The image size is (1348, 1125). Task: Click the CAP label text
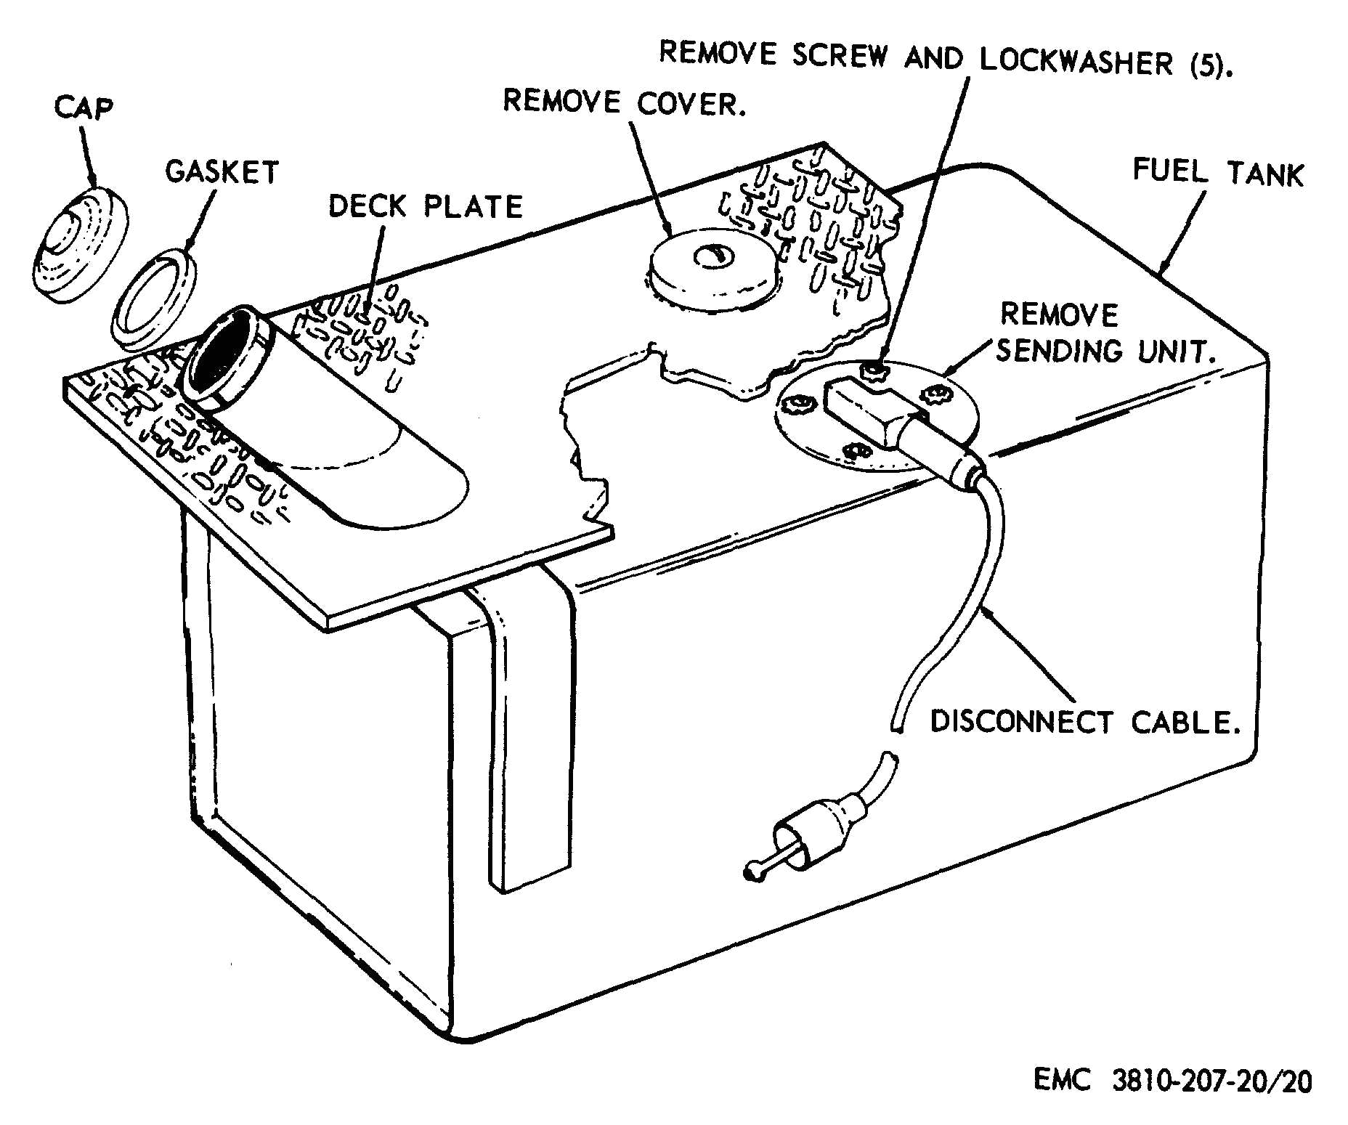point(84,107)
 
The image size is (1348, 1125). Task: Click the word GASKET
point(222,172)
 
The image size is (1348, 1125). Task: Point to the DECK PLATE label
point(425,206)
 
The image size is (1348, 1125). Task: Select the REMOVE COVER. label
point(625,102)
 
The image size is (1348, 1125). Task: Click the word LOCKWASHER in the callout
point(1076,61)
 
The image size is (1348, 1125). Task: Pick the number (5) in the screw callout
point(1210,66)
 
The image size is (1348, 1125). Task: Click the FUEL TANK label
point(1218,173)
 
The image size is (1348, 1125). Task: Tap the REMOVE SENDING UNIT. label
point(1104,333)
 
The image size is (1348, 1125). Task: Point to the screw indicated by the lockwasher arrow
point(874,372)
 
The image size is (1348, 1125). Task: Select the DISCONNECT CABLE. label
point(1085,722)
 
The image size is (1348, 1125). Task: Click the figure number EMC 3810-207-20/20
point(1172,1080)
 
